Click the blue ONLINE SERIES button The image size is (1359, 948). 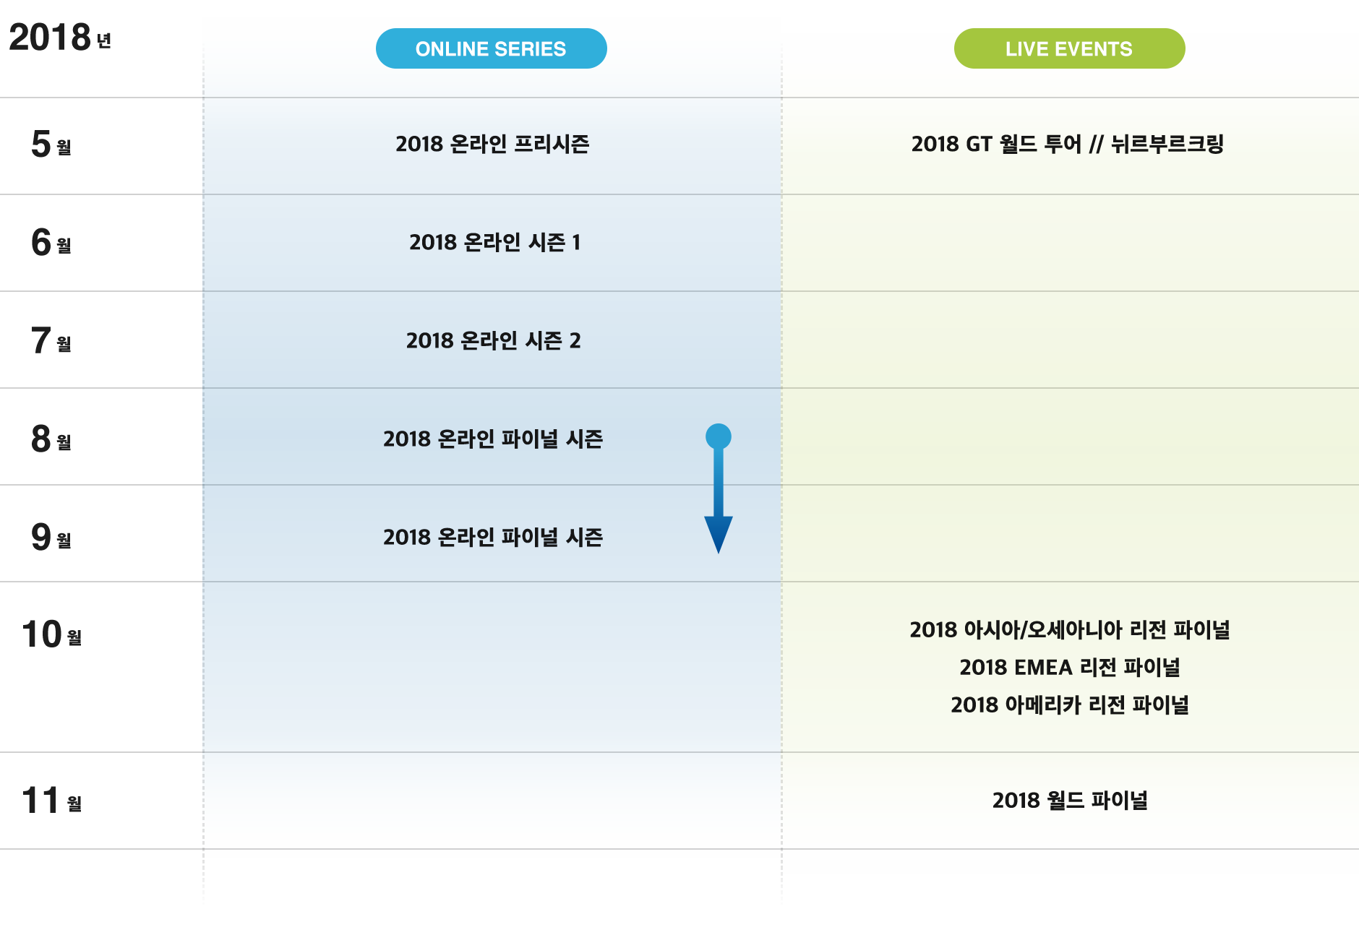click(492, 48)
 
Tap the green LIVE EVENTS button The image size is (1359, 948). click(1070, 48)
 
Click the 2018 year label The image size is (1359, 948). click(60, 37)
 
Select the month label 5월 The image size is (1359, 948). click(51, 144)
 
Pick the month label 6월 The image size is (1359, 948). click(51, 242)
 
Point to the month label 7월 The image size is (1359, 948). click(51, 340)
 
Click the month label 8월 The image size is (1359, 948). click(51, 439)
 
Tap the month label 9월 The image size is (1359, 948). click(51, 537)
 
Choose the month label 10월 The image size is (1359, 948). click(52, 634)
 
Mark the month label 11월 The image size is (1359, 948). click(52, 801)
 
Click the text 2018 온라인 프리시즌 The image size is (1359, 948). click(492, 144)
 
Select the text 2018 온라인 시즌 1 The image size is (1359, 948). click(494, 242)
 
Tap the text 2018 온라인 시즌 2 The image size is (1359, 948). click(493, 340)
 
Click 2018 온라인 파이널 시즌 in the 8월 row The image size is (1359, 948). click(493, 439)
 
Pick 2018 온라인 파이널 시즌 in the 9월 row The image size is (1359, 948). click(493, 537)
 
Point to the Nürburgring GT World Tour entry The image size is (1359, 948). click(1068, 144)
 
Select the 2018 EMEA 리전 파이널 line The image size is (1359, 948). click(1070, 667)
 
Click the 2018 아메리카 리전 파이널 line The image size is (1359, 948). click(1070, 704)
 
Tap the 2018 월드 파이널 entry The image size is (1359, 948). click(1070, 800)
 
